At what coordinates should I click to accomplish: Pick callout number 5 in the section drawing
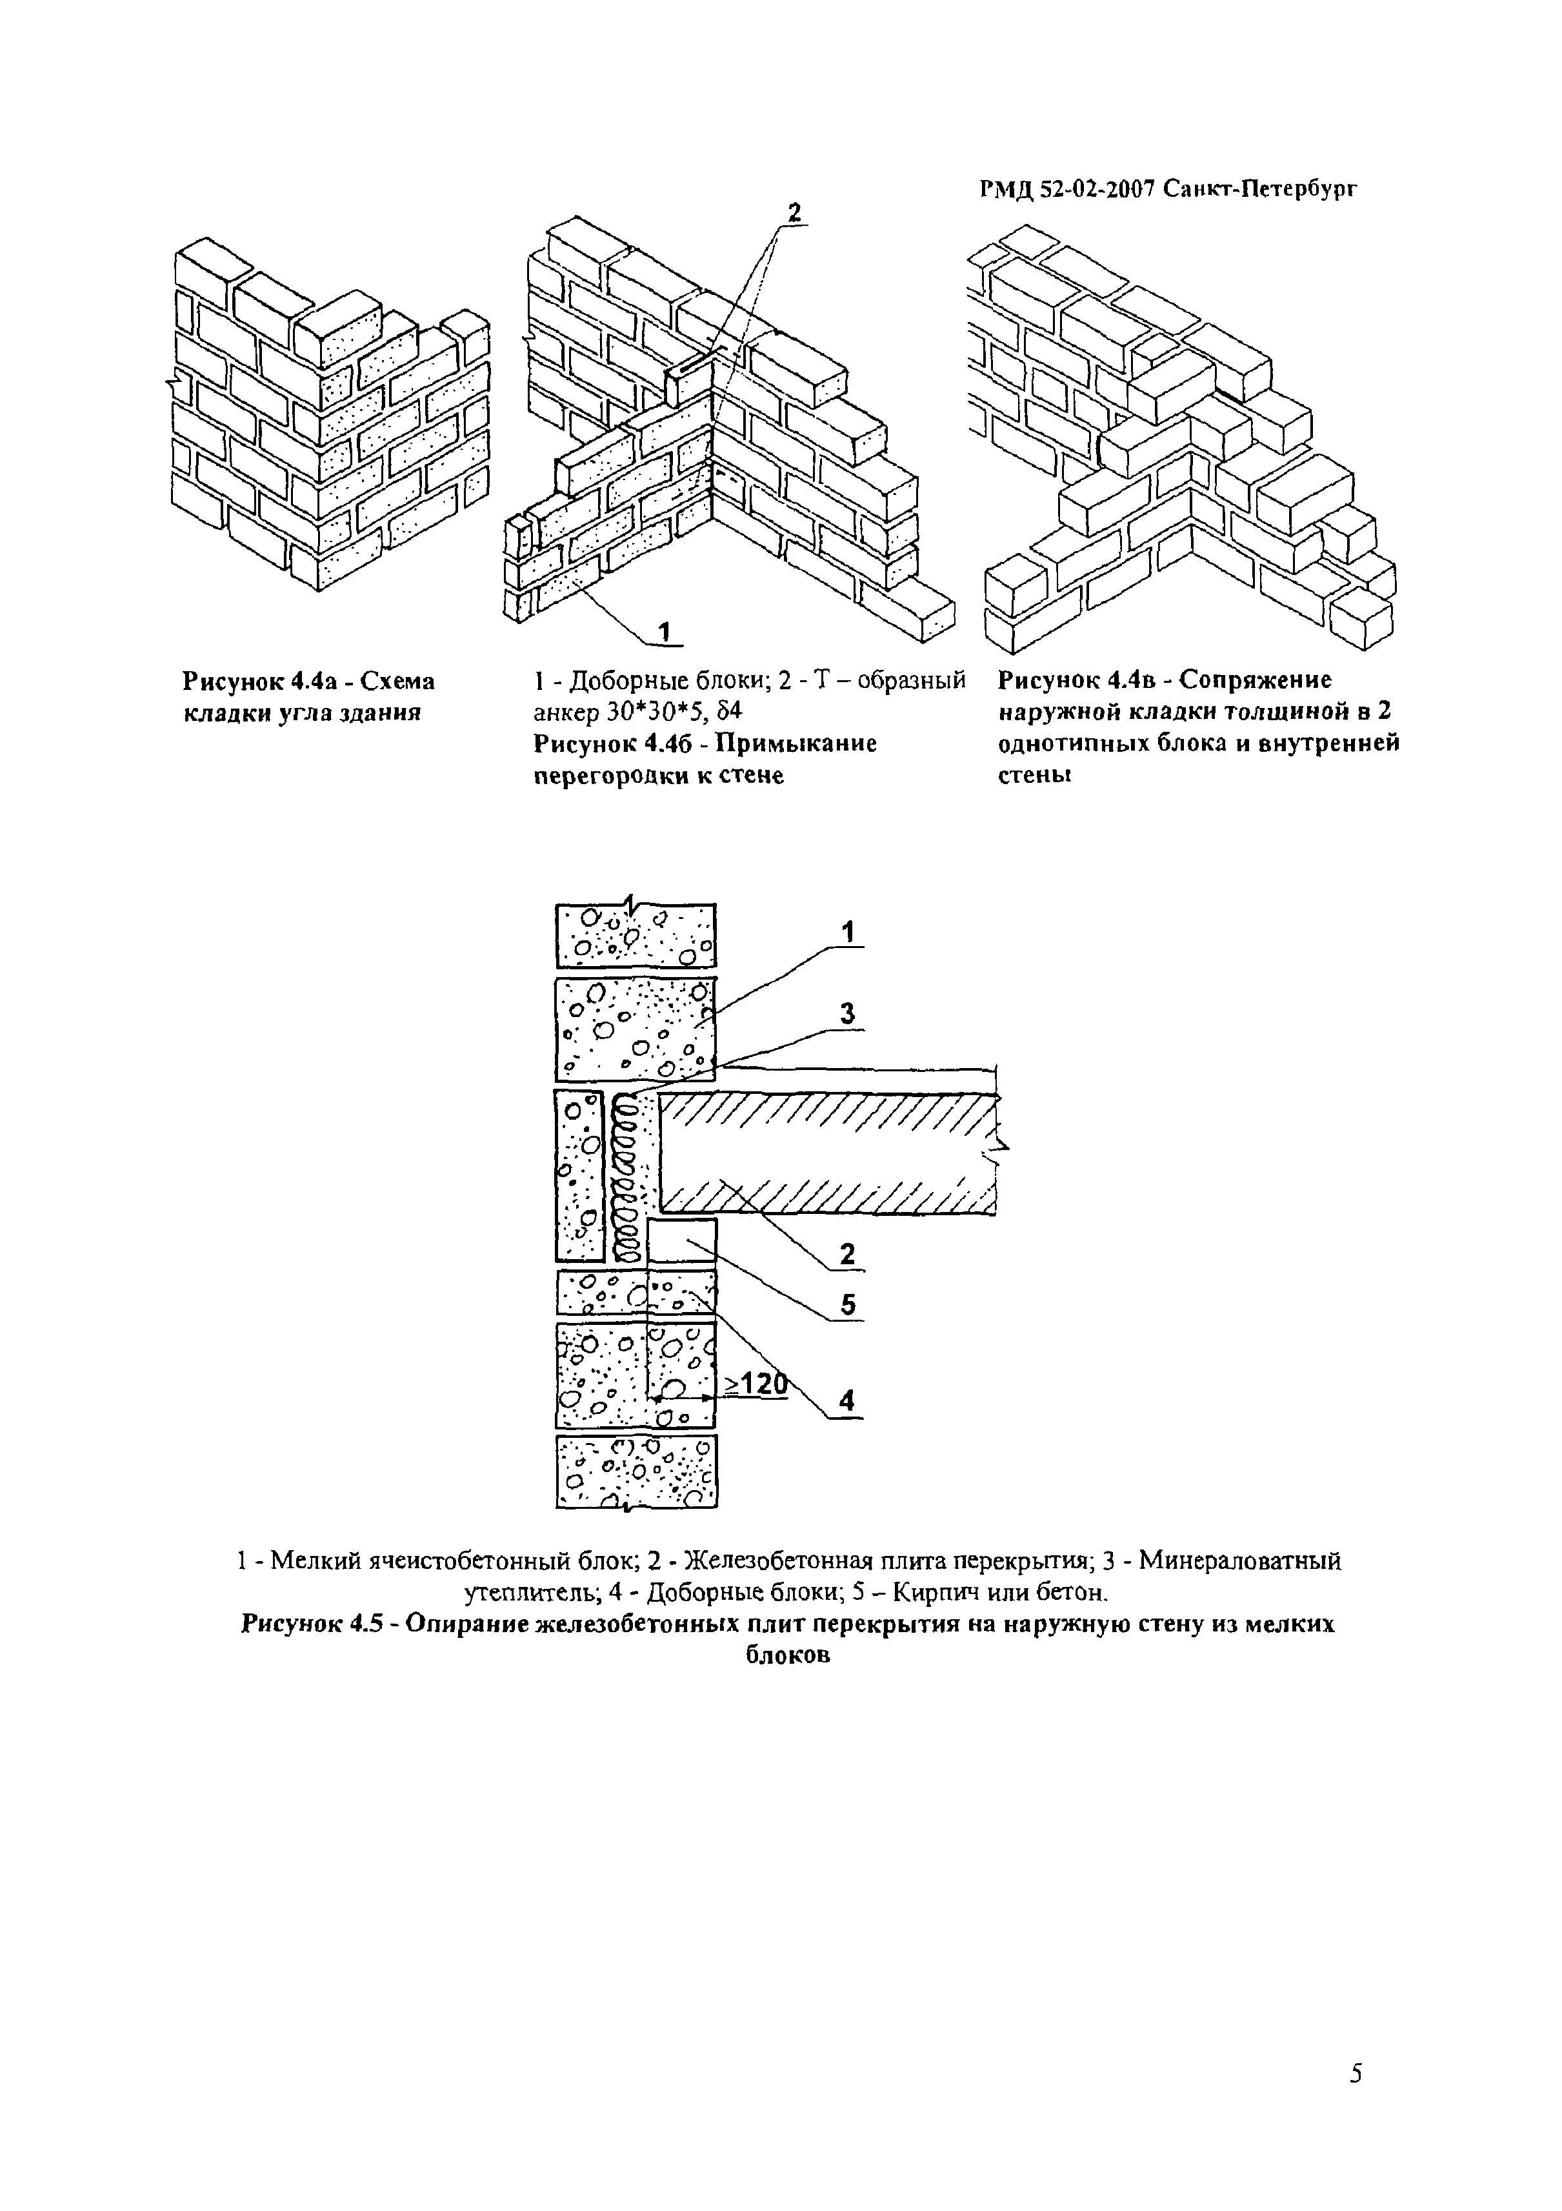point(847,1305)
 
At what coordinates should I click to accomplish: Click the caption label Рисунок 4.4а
point(257,681)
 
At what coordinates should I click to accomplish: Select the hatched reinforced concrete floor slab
point(828,1153)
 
